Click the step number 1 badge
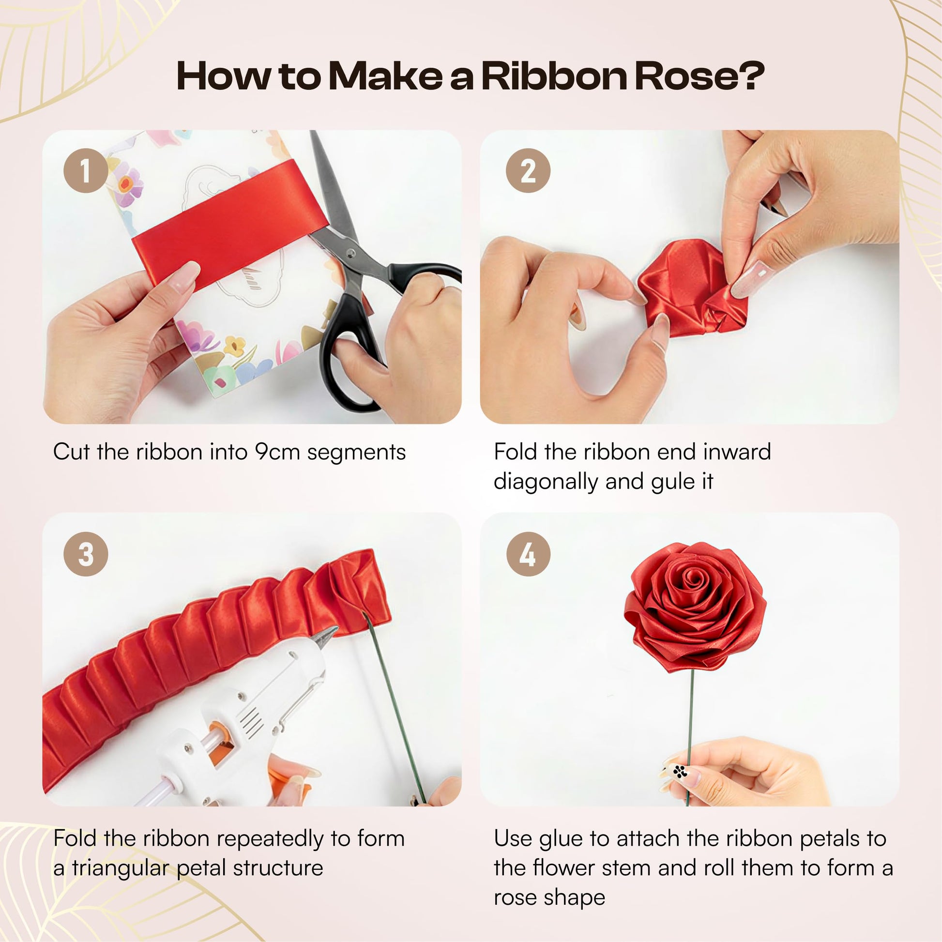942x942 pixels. tap(85, 170)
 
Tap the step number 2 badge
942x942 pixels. tap(528, 170)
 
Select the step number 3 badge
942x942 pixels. tap(85, 554)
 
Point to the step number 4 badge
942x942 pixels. tap(528, 554)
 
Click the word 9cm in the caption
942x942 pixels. tap(277, 452)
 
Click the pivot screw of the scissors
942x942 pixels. tap(349, 253)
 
